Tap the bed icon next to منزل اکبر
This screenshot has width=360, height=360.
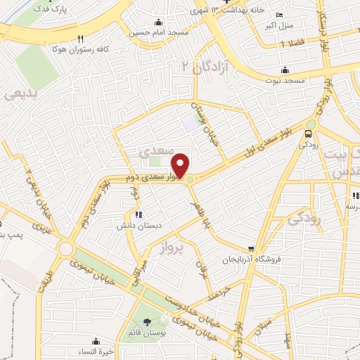tap(280, 15)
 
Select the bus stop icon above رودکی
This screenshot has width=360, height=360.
tap(309, 134)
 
